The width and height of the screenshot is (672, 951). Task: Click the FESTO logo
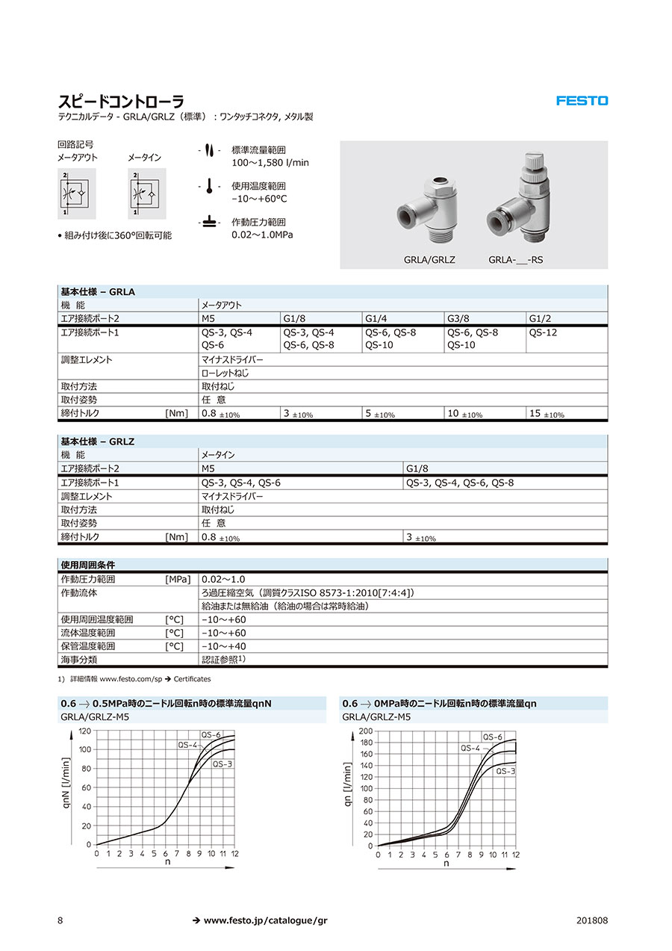coord(582,101)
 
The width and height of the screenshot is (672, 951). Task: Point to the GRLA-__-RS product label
coord(515,260)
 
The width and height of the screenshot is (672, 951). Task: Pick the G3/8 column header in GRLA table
coord(457,318)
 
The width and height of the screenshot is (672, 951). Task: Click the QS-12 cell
coord(543,332)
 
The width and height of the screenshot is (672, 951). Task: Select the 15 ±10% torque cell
coord(546,413)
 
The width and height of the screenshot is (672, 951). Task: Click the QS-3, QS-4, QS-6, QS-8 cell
coord(459,483)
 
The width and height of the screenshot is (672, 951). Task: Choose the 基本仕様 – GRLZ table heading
coord(98,442)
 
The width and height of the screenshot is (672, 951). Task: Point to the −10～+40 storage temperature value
coord(223,646)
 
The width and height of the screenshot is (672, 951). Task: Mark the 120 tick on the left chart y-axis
coord(85,731)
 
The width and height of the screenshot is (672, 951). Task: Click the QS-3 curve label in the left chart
coord(223,764)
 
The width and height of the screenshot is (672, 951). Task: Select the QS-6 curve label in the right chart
coord(493,737)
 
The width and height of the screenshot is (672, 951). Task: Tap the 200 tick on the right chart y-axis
coord(365,731)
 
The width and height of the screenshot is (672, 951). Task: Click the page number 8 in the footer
coord(60,920)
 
